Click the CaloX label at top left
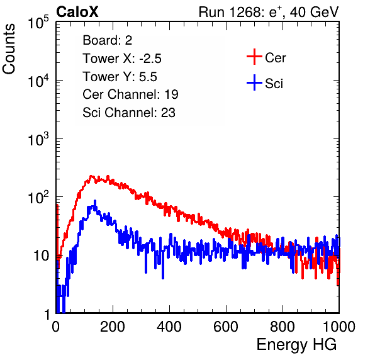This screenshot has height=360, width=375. click(77, 12)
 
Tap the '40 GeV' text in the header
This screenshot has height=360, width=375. click(314, 12)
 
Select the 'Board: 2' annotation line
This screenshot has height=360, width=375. click(107, 40)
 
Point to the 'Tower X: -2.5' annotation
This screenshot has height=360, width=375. click(122, 59)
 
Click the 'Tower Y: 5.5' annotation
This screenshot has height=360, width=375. click(120, 77)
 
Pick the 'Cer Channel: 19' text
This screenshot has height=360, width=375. click(130, 94)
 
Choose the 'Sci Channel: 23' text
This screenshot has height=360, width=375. click(129, 113)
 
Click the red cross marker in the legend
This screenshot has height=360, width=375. click(254, 57)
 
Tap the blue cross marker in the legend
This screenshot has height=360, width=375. click(254, 82)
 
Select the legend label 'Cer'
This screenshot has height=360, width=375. click(275, 58)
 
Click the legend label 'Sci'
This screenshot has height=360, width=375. click(274, 84)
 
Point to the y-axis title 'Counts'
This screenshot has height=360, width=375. click(9, 49)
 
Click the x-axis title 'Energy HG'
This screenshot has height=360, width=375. click(296, 345)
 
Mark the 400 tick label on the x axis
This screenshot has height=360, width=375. click(169, 327)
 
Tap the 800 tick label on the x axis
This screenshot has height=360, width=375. click(283, 327)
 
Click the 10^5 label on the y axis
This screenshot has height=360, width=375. click(38, 22)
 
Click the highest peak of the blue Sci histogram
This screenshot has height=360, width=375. click(95, 201)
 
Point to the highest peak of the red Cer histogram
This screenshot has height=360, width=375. click(91, 176)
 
